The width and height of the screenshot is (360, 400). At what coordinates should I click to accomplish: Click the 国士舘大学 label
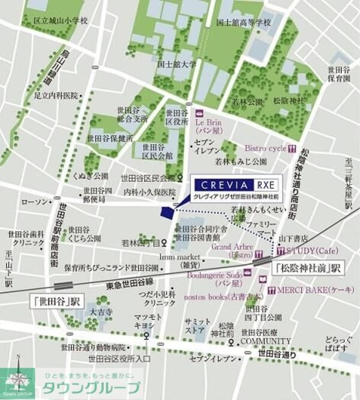pos(176,63)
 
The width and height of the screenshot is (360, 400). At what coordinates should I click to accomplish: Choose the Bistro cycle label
pos(266,148)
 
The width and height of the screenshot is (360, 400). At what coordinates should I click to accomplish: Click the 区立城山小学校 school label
pos(60,20)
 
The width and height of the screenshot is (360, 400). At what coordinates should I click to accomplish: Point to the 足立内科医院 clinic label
pos(56,95)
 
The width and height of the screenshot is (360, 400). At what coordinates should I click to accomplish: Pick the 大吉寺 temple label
pos(100,313)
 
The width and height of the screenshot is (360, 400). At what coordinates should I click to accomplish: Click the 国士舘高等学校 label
pos(244,23)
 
